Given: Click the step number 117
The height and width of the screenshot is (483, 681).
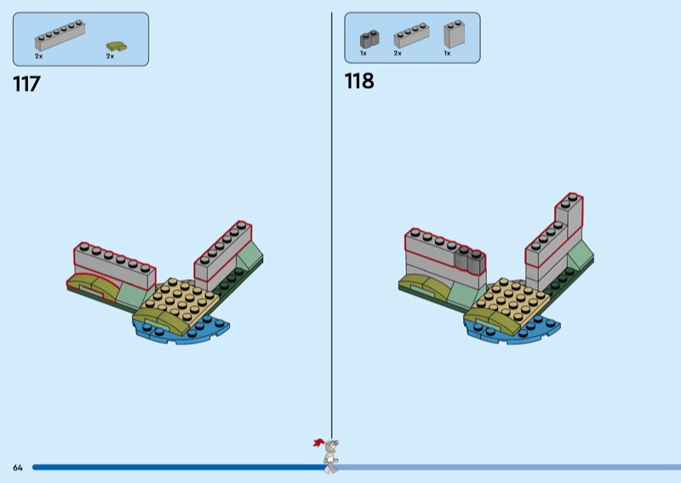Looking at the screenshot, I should coord(27,84).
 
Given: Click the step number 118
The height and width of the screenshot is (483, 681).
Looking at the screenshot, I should coord(358,82).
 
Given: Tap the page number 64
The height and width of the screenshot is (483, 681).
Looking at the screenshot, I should coord(17,467).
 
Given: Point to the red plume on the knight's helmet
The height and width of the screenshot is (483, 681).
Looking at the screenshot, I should coord(319,443).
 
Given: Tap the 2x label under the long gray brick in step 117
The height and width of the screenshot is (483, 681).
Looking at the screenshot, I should coord(39,56).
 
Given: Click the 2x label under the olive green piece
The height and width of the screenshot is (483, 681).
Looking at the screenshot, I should coord(110,56).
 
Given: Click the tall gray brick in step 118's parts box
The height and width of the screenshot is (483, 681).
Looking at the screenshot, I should coord(453,34).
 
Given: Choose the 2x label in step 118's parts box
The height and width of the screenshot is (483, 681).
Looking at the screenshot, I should coord(398,53).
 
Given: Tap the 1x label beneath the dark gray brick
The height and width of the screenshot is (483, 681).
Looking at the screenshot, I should coord(363,53).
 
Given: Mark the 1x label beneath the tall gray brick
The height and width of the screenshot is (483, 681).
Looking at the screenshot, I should coord(447,53).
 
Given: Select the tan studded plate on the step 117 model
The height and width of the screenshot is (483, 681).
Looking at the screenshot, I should coord(179,298).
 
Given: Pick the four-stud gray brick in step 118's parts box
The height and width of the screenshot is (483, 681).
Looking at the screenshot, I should coord(410,36).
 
